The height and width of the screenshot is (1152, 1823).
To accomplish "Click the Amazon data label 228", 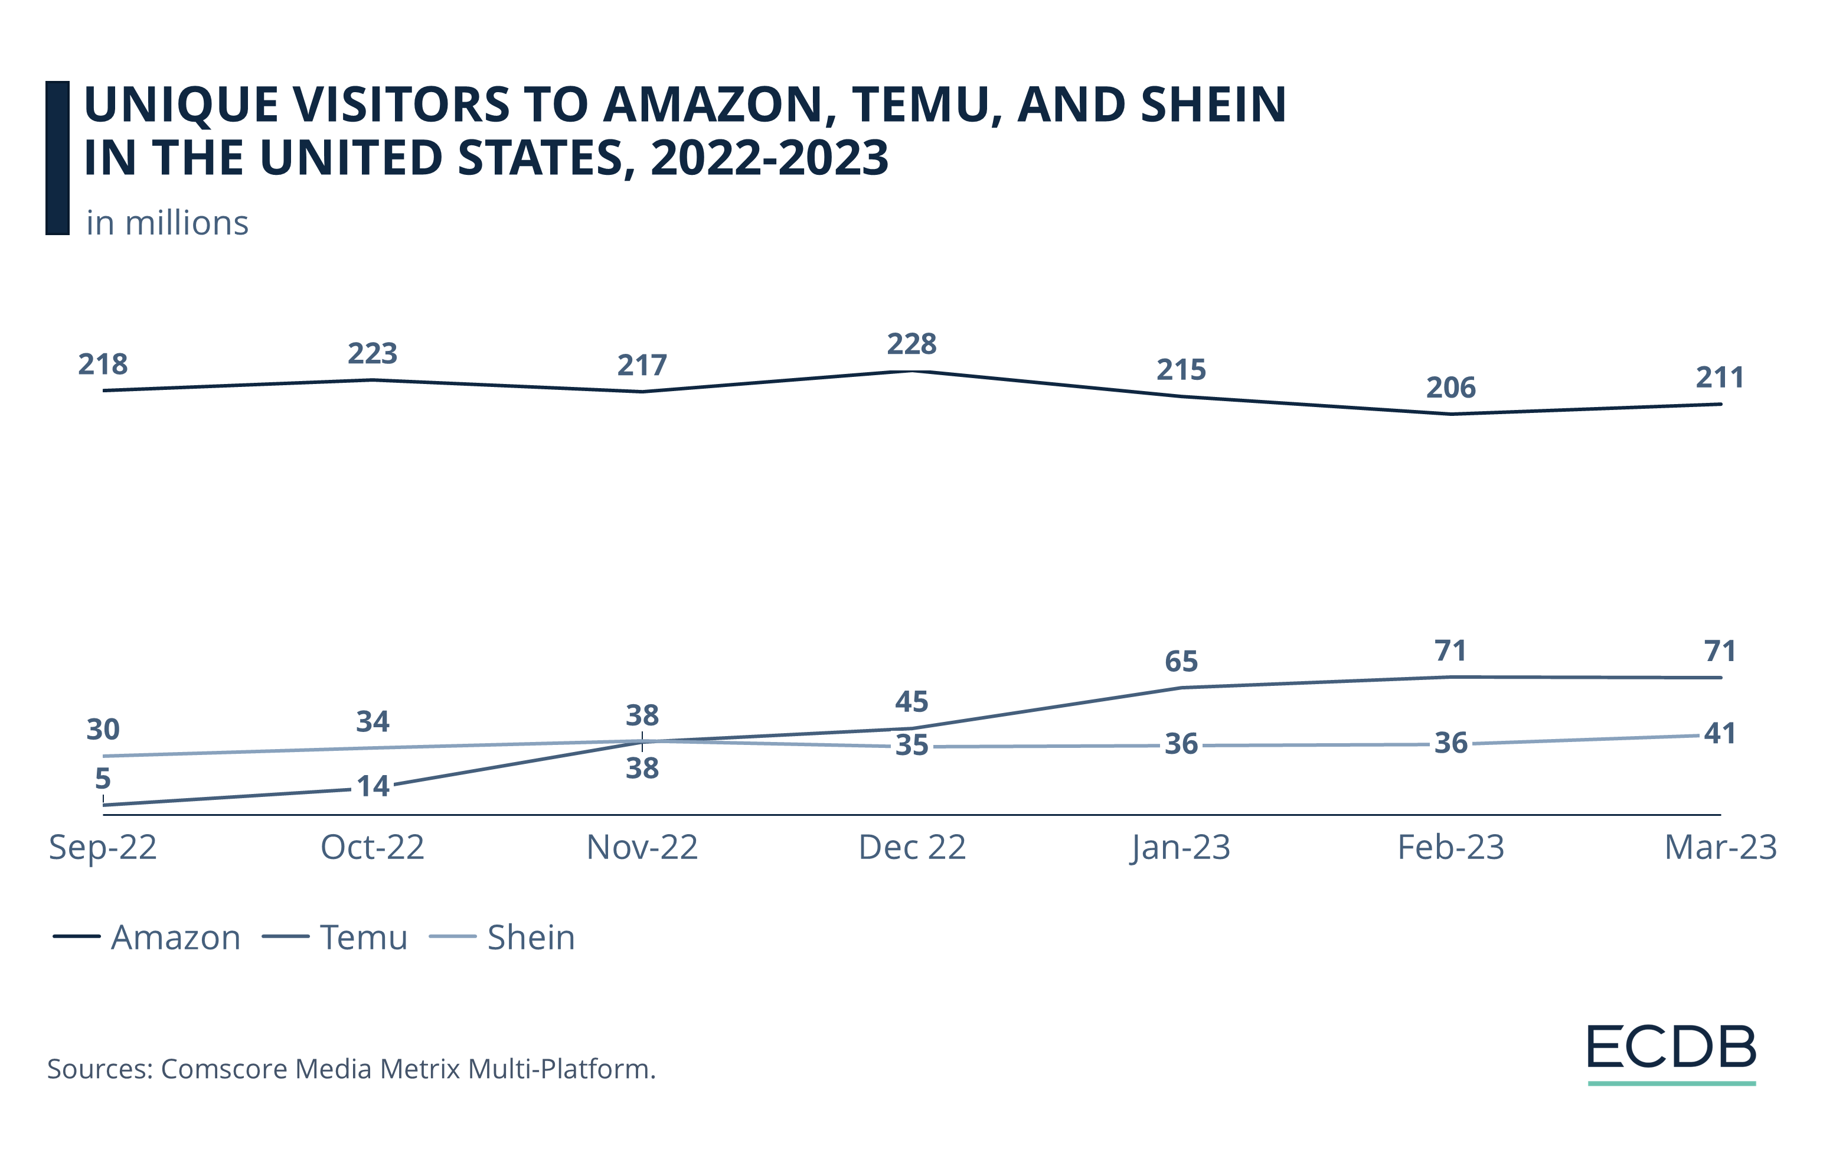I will [911, 344].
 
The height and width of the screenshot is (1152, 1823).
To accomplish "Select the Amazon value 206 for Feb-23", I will [1450, 387].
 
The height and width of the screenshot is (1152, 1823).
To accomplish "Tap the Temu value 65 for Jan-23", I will [1181, 661].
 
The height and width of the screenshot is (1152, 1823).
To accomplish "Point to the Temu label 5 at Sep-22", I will [103, 778].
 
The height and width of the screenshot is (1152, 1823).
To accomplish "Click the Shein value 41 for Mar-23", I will [1719, 733].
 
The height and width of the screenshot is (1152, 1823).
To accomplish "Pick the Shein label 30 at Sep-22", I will [103, 730].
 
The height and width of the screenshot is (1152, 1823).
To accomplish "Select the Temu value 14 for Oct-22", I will [373, 786].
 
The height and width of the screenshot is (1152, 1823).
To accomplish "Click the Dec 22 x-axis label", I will [911, 848].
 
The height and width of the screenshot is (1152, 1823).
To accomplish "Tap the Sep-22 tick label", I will [103, 848].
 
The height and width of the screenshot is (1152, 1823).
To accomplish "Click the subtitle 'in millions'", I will [167, 223].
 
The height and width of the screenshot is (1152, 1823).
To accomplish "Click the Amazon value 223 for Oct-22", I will [373, 353].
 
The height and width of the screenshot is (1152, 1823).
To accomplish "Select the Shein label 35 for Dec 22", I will [911, 746].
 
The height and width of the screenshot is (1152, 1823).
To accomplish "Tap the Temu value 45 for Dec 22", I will [911, 701].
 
